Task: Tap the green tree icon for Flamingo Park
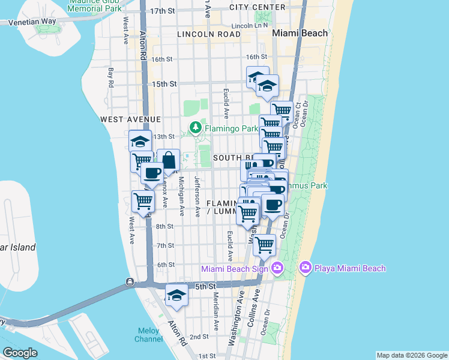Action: (195, 127)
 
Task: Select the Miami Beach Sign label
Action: (234, 269)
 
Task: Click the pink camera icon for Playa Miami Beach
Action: (305, 267)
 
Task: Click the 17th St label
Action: (162, 11)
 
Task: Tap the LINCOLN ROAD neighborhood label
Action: (208, 35)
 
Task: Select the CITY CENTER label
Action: (258, 7)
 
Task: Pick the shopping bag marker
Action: (169, 161)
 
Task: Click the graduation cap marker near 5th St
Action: (176, 295)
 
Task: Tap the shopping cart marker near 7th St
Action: (264, 244)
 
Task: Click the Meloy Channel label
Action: (148, 335)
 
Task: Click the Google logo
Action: (20, 352)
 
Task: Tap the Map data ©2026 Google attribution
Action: (411, 355)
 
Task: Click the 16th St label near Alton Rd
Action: (162, 59)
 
